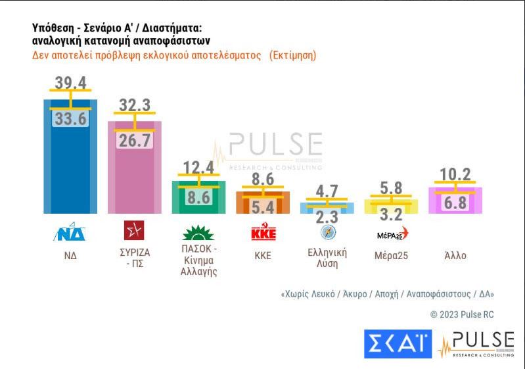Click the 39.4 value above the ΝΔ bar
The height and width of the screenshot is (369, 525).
(70, 82)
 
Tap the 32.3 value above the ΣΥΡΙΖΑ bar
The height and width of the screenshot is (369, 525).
(135, 105)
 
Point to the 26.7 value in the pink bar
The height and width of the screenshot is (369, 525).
(135, 139)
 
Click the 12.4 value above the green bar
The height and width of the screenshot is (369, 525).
(198, 168)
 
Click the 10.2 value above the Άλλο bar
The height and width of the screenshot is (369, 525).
(455, 174)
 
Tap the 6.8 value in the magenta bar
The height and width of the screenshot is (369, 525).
(455, 203)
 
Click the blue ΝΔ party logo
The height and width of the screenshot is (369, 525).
(70, 232)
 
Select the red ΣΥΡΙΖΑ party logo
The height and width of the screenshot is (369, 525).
(134, 231)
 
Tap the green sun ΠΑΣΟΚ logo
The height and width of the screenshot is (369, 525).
(198, 232)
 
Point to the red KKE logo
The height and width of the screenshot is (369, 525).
(263, 232)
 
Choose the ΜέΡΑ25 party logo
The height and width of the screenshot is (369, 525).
(392, 233)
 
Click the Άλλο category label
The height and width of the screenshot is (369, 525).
(455, 255)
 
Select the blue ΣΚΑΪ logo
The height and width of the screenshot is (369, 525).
(398, 344)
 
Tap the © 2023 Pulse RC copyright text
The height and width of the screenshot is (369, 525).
(461, 314)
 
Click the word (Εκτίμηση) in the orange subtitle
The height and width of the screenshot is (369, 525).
(292, 55)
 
